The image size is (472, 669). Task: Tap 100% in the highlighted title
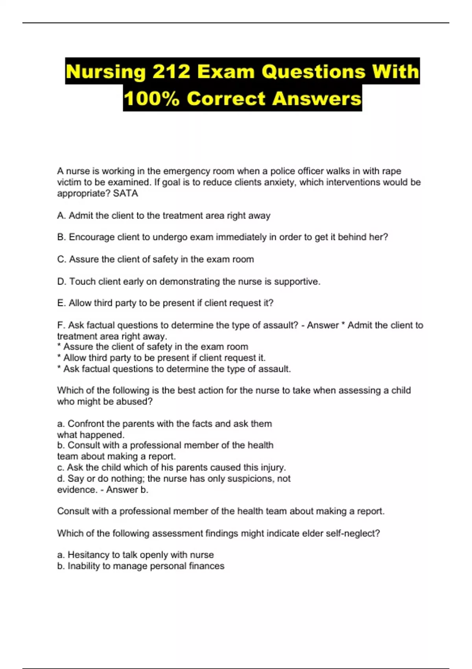pyautogui.click(x=151, y=98)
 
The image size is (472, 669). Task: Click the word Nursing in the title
pyautogui.click(x=105, y=72)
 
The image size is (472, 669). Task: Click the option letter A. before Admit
pyautogui.click(x=61, y=216)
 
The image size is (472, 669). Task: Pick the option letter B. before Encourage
pyautogui.click(x=61, y=237)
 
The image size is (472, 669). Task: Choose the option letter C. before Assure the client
pyautogui.click(x=62, y=259)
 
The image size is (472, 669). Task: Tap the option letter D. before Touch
pyautogui.click(x=62, y=281)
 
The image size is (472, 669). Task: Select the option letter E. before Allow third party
pyautogui.click(x=61, y=303)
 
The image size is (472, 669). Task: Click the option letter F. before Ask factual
pyautogui.click(x=61, y=325)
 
